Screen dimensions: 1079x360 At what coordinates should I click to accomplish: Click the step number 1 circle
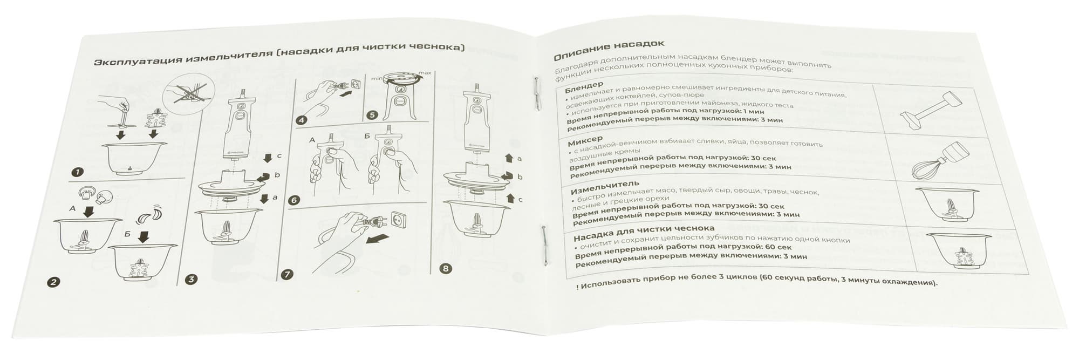(77, 172)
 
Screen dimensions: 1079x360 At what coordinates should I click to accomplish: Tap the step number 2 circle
(53, 282)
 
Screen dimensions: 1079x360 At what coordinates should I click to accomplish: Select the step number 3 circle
(191, 279)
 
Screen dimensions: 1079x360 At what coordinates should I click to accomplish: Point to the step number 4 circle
(302, 120)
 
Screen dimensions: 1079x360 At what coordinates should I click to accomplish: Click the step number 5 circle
(372, 115)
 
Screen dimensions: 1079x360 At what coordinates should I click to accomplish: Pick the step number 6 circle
(293, 200)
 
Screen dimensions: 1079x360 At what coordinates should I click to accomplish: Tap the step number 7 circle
(287, 274)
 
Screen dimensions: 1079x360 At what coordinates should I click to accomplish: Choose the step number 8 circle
(445, 268)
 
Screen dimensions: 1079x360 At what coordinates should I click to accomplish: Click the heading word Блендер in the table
(584, 86)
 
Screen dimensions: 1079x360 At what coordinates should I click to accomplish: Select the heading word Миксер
(585, 141)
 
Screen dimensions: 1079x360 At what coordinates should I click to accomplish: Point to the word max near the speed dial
(425, 73)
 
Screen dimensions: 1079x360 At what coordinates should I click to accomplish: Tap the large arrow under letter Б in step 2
(144, 236)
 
